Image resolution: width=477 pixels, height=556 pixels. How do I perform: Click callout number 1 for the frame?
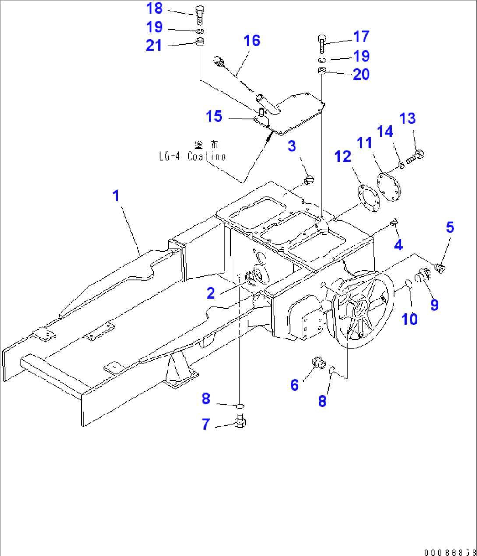coord(116,196)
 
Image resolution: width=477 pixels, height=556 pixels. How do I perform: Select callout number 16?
coord(252,41)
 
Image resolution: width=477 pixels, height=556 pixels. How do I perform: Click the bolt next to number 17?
coord(321,43)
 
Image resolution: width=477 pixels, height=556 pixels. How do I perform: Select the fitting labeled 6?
coord(317,363)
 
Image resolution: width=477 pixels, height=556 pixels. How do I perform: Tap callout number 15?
coord(214,116)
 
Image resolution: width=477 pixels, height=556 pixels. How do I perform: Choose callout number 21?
coord(154,45)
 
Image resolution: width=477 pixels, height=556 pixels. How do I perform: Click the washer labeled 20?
coord(322,71)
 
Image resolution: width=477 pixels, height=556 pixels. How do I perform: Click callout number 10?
coord(410,319)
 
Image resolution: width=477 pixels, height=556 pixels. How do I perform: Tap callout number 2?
coord(211,293)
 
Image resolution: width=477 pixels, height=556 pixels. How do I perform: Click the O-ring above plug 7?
coord(240,407)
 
